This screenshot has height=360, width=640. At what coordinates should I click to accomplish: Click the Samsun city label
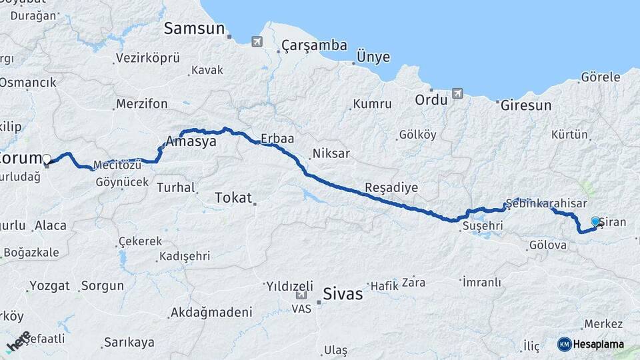tap(195, 28)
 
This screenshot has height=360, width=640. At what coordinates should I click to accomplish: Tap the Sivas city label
tap(343, 293)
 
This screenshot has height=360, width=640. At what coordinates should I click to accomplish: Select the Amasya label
tap(193, 143)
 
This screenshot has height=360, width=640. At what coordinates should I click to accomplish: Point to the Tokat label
tap(233, 197)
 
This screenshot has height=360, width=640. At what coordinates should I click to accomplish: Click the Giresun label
tap(526, 105)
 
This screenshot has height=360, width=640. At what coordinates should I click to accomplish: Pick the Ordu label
tap(431, 100)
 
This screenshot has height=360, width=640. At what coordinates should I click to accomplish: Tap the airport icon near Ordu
tap(457, 93)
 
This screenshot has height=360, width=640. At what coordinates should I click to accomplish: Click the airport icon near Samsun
tap(257, 41)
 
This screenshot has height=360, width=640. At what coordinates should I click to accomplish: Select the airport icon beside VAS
tap(301, 295)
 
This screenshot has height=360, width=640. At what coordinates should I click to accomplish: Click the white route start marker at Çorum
tap(47, 159)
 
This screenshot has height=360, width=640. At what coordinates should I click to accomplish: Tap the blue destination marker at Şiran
tap(595, 221)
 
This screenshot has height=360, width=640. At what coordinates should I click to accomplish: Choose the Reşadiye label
tap(391, 187)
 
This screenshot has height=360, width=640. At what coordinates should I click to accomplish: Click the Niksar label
tap(331, 153)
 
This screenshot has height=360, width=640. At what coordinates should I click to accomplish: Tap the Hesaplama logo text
tap(599, 344)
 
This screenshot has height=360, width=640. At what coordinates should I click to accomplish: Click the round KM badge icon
tap(564, 344)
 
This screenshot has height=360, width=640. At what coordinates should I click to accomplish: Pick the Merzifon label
tap(141, 104)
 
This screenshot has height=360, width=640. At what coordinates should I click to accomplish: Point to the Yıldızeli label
tap(289, 285)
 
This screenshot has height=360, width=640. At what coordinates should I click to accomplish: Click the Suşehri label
tap(481, 227)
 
